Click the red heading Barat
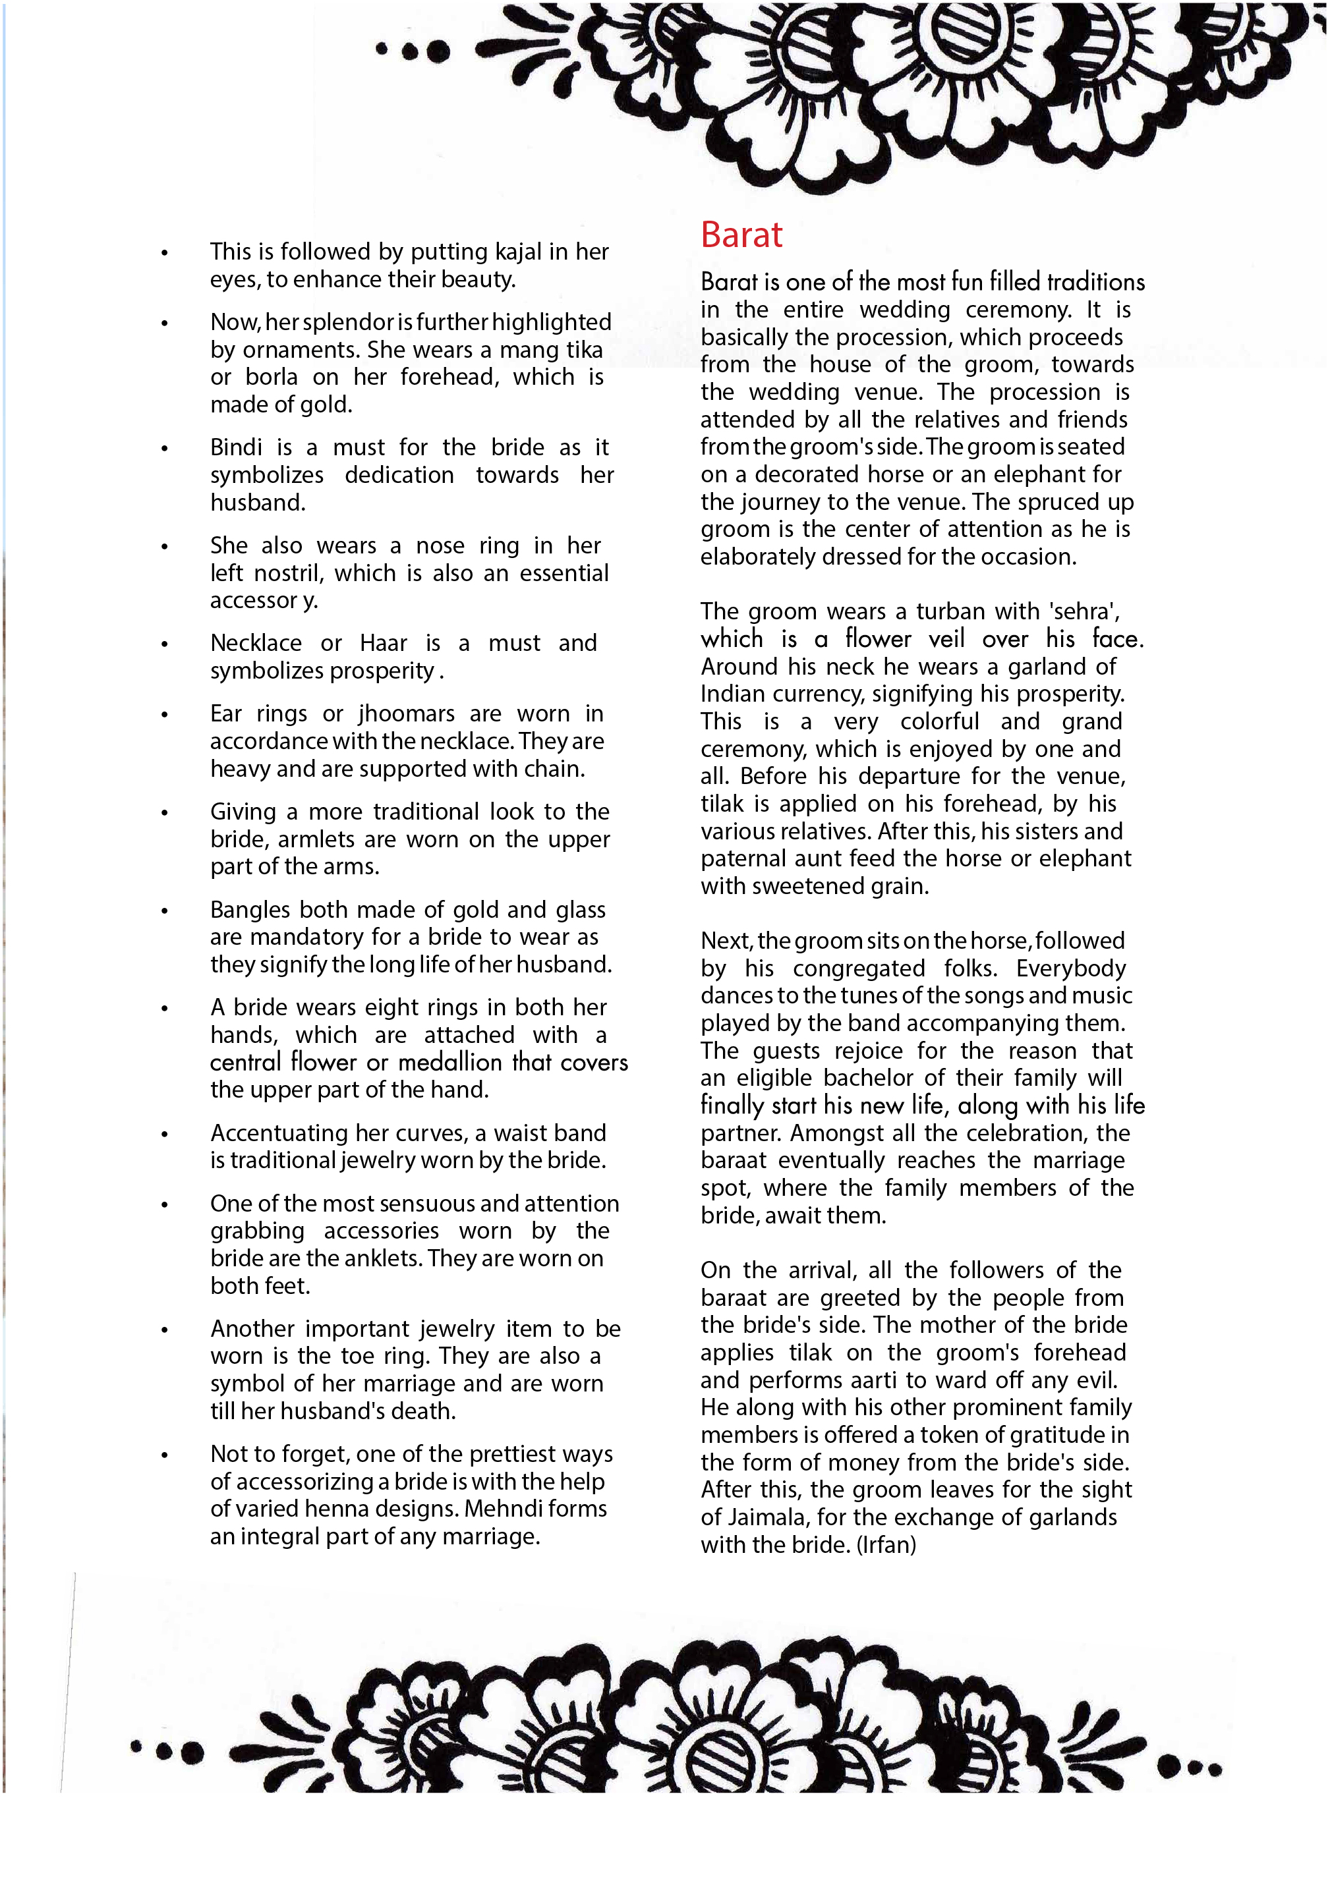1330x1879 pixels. (x=741, y=235)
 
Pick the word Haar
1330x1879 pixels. (x=384, y=643)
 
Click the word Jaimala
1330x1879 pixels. (x=753, y=1517)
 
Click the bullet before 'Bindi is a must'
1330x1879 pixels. (x=165, y=449)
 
